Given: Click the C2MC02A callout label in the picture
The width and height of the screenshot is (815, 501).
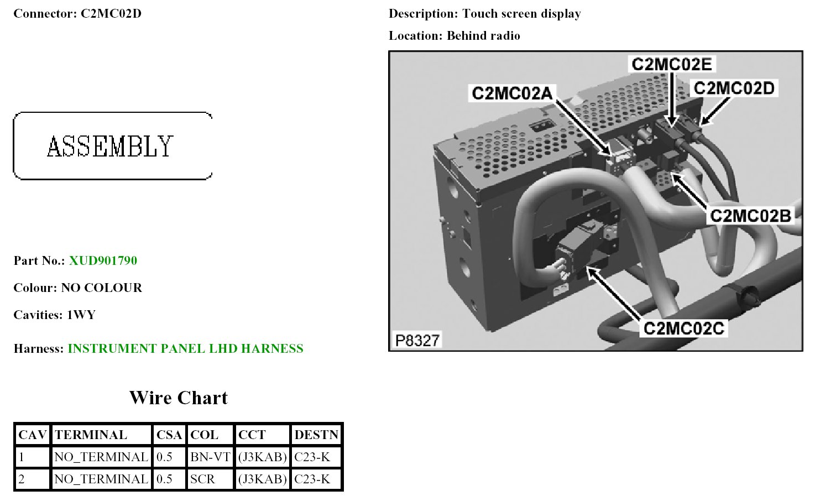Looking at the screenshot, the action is click(512, 93).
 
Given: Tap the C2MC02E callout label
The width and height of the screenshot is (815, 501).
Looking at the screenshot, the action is click(671, 64).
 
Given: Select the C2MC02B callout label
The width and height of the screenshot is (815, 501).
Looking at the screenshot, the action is click(750, 215).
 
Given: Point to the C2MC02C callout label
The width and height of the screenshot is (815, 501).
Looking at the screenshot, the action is click(684, 328).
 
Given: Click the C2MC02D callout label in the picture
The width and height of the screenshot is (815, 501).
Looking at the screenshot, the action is click(734, 88).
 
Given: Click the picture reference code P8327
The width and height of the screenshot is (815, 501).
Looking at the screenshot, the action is click(417, 340).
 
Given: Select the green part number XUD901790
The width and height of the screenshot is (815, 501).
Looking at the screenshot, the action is click(103, 260).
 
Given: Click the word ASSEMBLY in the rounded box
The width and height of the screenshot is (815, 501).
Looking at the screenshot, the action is click(111, 147).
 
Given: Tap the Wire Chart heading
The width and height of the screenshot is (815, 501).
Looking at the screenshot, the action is click(178, 398).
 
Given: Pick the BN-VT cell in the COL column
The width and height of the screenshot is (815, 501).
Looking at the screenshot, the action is click(210, 457).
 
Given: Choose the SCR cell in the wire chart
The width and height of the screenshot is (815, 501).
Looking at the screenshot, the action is click(202, 479).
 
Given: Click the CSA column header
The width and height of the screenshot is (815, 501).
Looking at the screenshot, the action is click(169, 435).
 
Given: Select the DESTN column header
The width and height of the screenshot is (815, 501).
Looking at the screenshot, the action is click(316, 435).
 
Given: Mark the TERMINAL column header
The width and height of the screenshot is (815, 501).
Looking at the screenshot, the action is click(91, 435).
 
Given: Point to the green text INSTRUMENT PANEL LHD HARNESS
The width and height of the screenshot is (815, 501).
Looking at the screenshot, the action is click(185, 348).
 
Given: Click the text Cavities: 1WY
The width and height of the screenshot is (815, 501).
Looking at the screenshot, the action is click(55, 315).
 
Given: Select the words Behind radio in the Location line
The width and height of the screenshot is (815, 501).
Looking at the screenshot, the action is click(483, 36).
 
